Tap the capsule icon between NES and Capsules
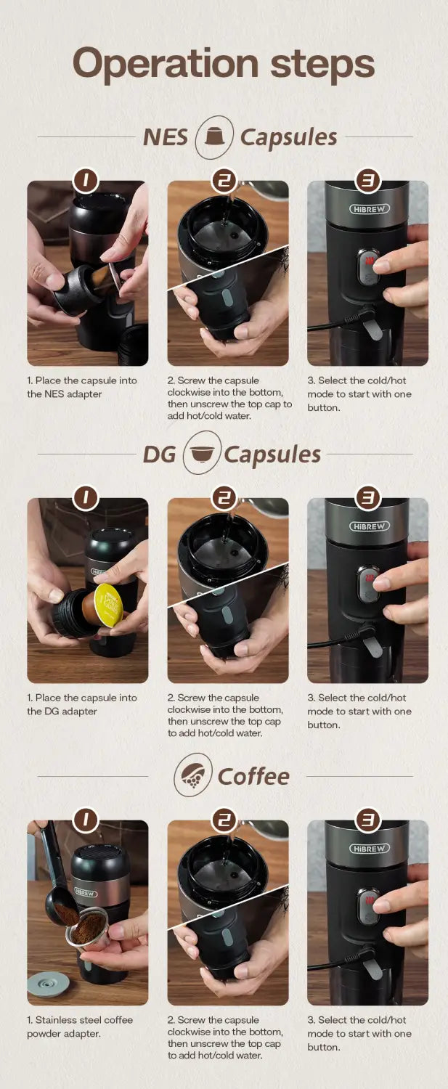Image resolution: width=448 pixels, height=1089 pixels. click(x=214, y=136)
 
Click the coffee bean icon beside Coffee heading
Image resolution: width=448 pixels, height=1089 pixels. click(x=193, y=775)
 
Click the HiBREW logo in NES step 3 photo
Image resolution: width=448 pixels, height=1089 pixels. click(x=370, y=208)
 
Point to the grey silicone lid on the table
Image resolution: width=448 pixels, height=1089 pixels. click(x=48, y=984)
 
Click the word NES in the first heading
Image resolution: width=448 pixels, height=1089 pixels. click(x=166, y=136)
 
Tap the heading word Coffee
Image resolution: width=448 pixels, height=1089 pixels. click(x=253, y=775)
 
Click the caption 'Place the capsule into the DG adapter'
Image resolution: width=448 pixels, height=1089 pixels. click(x=81, y=704)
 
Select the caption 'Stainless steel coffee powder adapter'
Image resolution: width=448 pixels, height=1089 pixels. click(x=80, y=1027)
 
